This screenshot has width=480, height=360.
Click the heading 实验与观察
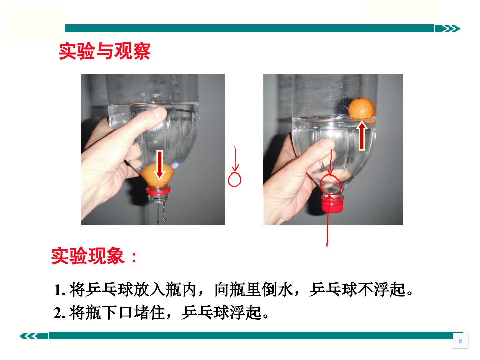[x=105, y=51]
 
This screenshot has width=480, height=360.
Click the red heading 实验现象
[x=88, y=256]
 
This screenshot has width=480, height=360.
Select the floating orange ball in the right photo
[x=362, y=109]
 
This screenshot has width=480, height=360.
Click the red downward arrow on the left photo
[x=160, y=164]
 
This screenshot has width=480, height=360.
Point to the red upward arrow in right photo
[x=362, y=136]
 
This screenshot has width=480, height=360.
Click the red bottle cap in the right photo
[x=332, y=204]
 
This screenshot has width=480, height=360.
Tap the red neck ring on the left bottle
[x=158, y=190]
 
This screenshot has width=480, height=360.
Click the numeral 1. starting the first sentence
[x=59, y=290]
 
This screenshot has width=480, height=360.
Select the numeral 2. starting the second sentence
[x=59, y=313]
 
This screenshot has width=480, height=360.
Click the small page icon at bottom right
[x=461, y=341]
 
